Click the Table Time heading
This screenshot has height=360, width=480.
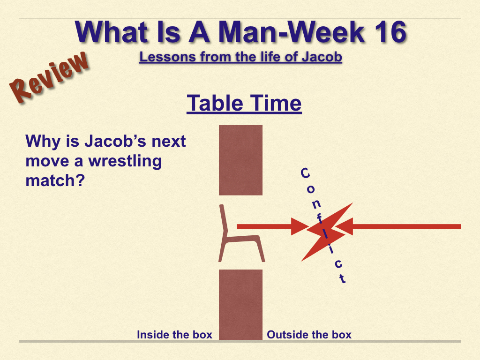coord(244,103)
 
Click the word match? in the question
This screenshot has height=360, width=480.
coord(55,180)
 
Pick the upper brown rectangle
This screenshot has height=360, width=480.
coord(240,160)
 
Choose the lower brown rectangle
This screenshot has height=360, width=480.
coord(240,305)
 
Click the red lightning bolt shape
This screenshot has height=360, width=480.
coord(326,232)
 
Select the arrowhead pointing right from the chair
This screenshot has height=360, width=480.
coord(300,226)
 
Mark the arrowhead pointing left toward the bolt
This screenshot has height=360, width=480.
coord(344,226)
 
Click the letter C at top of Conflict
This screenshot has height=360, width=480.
coord(305,173)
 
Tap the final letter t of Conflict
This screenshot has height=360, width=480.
coord(342,278)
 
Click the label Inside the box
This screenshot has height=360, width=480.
coord(174,335)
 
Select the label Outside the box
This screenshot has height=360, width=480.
coord(309,335)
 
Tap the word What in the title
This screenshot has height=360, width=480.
coord(112,32)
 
